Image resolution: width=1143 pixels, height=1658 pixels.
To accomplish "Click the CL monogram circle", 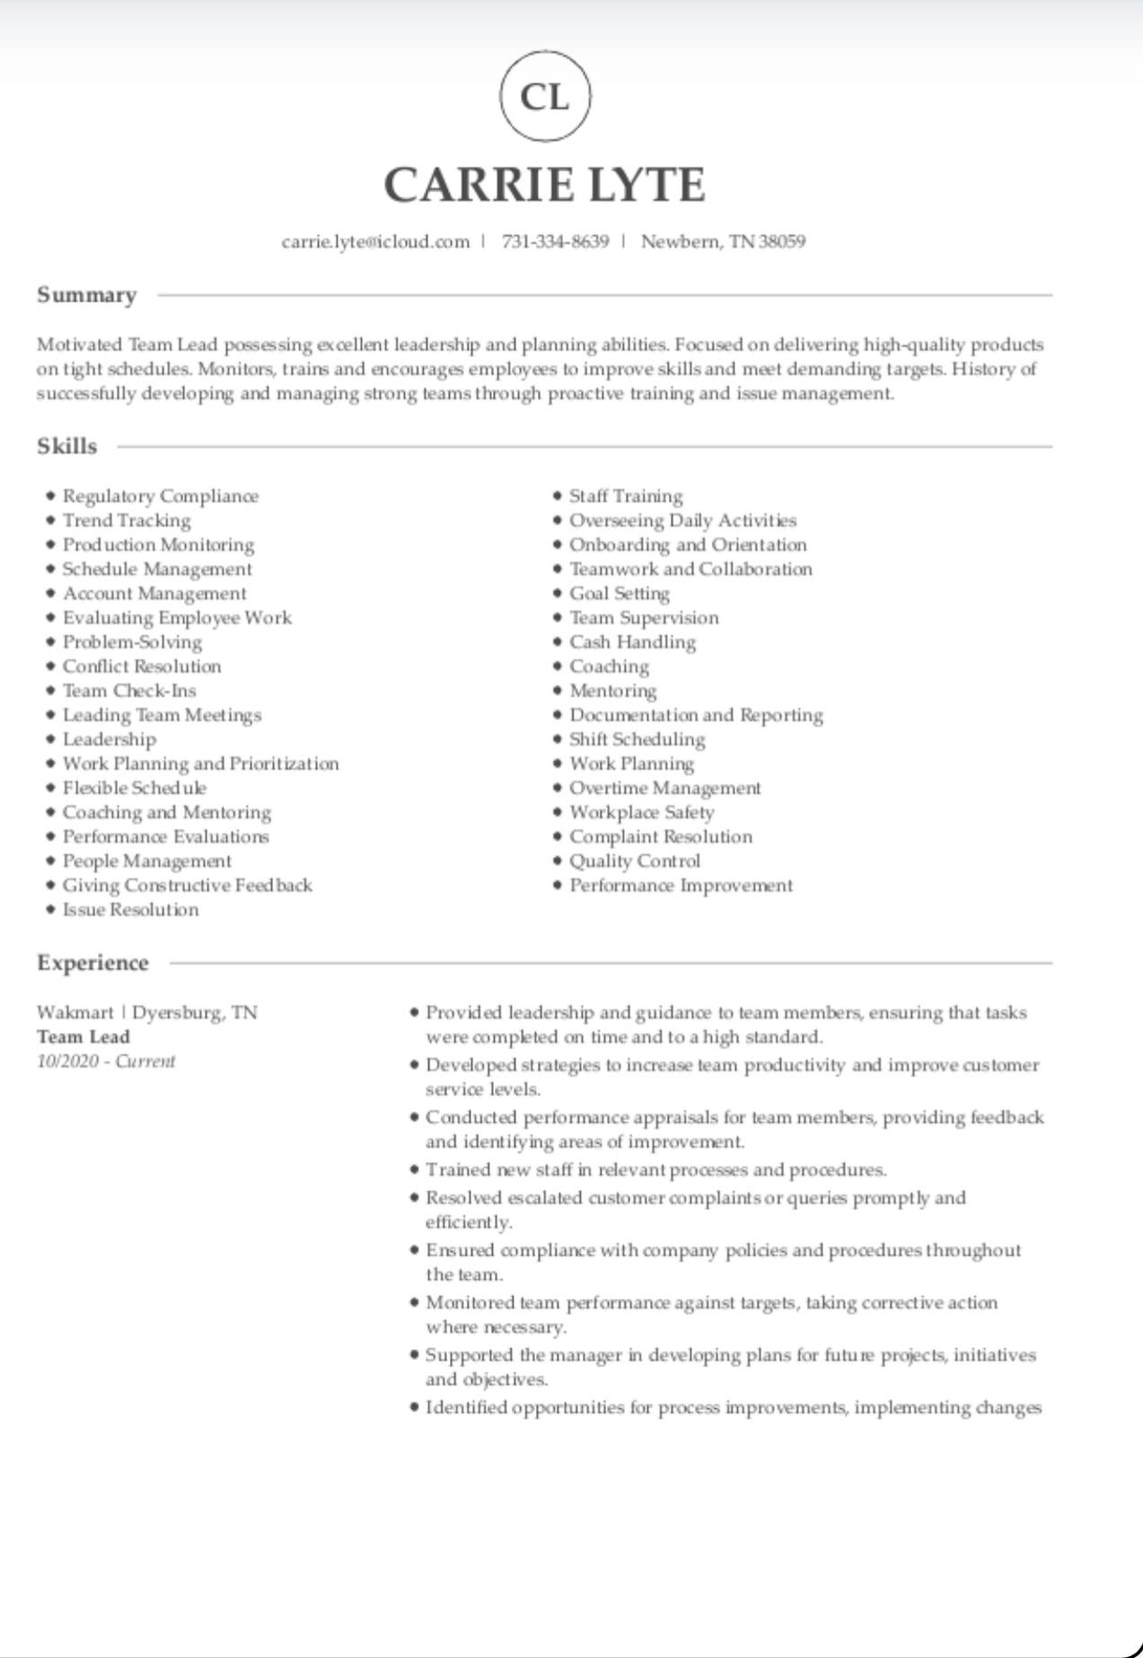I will (545, 96).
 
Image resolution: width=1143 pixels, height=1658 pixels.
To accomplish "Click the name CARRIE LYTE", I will (544, 185).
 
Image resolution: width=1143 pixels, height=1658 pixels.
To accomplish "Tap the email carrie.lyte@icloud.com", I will (375, 242).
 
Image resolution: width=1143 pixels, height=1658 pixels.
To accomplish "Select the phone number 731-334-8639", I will (555, 242).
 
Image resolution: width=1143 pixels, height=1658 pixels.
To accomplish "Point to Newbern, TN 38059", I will (723, 242).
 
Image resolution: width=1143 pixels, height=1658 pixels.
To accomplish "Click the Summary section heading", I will (86, 295).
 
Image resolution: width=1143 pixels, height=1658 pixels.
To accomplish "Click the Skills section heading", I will (66, 446).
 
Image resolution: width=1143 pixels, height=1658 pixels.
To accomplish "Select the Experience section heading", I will (92, 963).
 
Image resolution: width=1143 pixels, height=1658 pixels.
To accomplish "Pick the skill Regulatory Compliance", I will (160, 497).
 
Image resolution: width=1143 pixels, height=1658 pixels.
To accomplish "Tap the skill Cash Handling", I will (632, 642).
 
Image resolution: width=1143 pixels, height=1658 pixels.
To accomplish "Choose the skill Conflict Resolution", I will (142, 666).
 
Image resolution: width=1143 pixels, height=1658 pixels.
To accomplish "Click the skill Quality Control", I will (635, 861).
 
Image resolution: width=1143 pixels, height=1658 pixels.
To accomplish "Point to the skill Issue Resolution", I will (130, 910).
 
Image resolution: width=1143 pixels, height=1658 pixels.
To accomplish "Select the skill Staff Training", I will (626, 497).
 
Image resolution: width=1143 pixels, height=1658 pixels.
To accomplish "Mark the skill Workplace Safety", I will (641, 813).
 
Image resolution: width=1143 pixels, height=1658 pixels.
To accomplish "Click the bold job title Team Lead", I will (84, 1037).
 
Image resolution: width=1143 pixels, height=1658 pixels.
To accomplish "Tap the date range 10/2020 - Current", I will (106, 1062).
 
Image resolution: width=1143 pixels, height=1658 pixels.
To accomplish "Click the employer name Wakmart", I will (75, 1013).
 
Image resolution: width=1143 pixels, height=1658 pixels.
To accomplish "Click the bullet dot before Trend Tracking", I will (51, 521).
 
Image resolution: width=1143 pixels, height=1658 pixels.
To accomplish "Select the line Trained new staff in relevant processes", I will (655, 1170).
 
